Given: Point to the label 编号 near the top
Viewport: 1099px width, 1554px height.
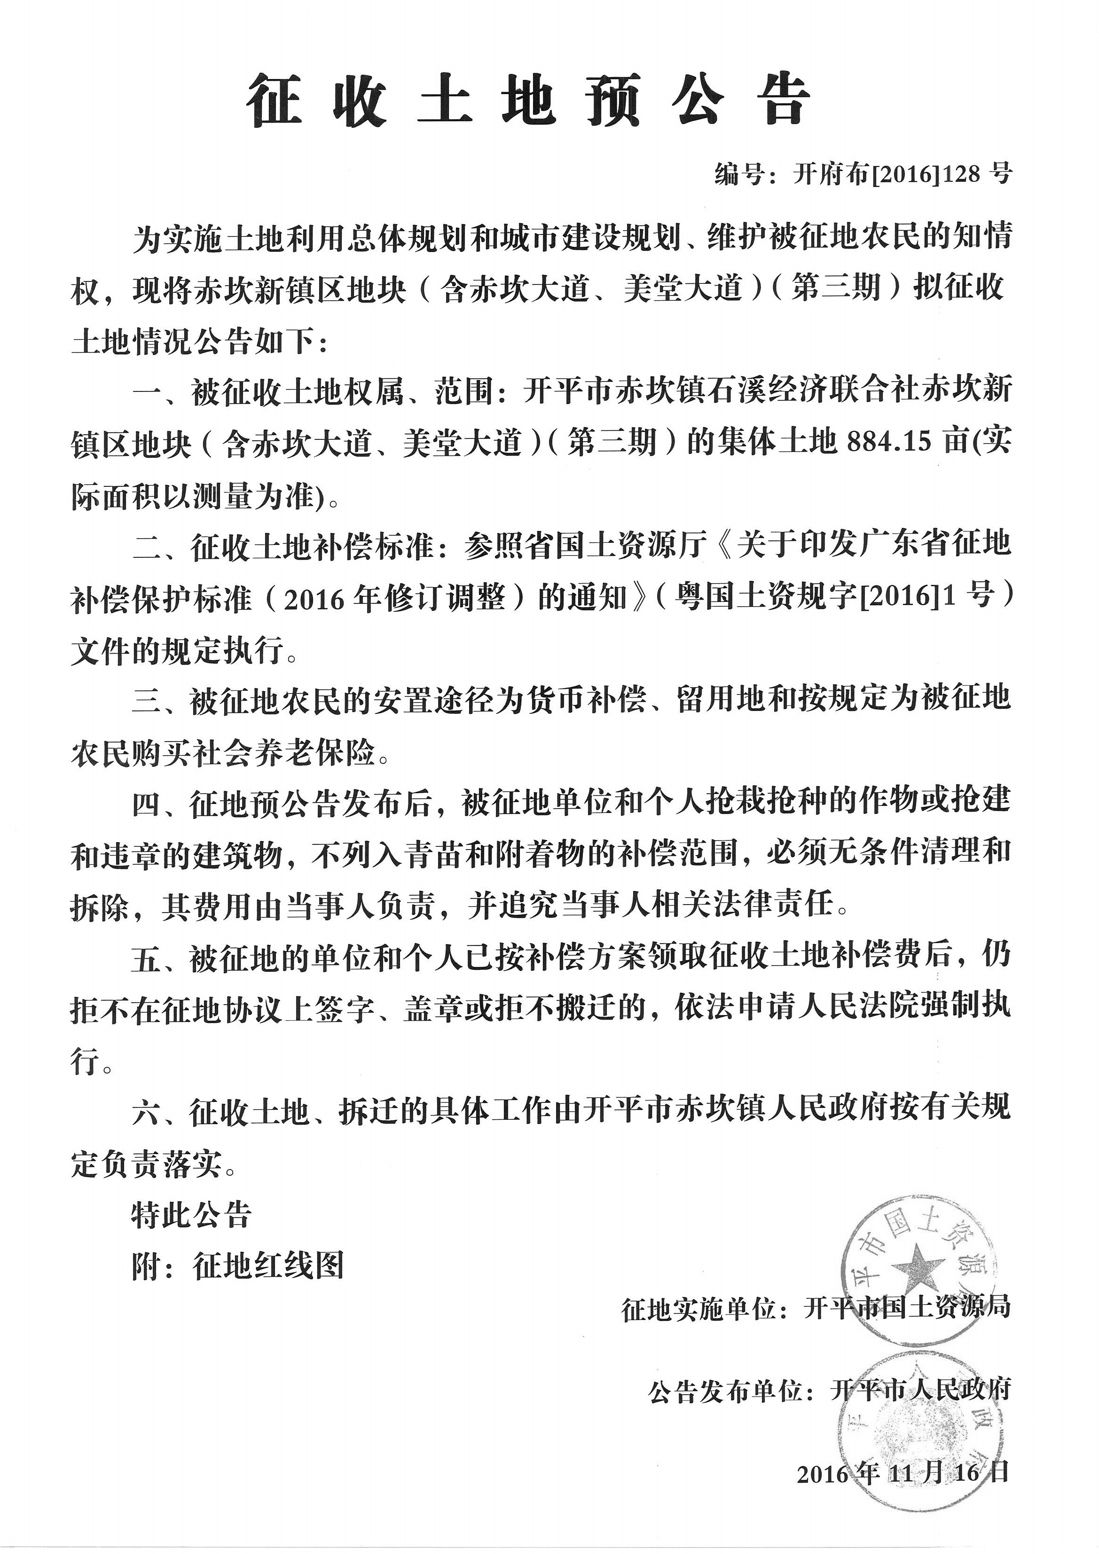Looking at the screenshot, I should [x=738, y=175].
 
